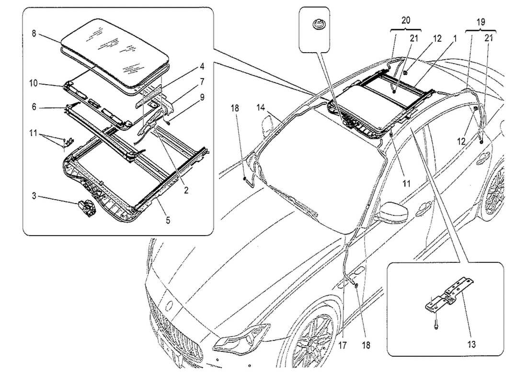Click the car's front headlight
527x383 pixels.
(x=240, y=338)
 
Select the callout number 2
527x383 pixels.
(x=185, y=190)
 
